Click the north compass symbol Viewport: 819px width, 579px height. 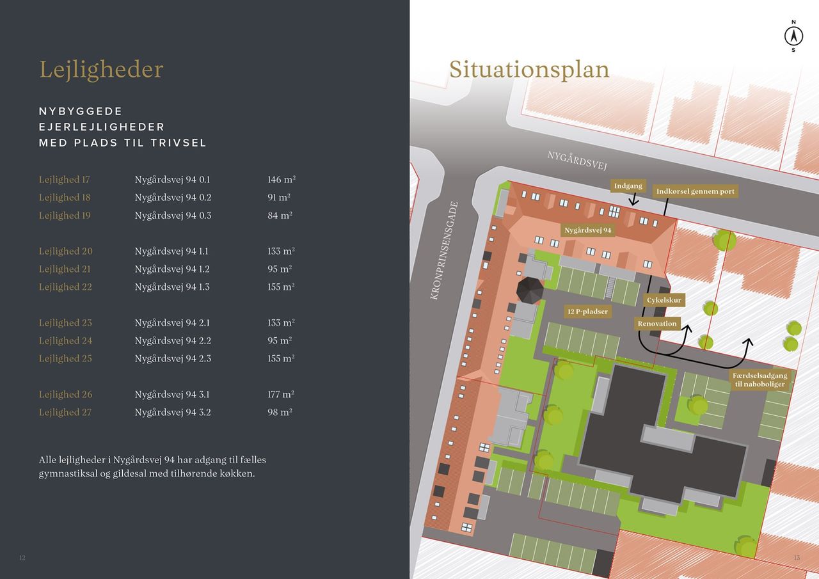click(x=793, y=36)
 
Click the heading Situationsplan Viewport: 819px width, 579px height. click(x=529, y=69)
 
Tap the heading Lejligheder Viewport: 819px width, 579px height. click(x=101, y=69)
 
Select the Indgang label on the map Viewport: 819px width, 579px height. click(x=628, y=186)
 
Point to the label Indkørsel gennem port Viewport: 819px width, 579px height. click(x=695, y=191)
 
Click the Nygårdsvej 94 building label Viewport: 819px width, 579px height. click(x=587, y=230)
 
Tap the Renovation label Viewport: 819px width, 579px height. click(x=657, y=324)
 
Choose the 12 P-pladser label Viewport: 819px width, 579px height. click(x=587, y=312)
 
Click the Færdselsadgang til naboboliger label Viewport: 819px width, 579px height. click(x=760, y=379)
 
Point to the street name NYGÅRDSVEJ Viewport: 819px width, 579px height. click(x=576, y=160)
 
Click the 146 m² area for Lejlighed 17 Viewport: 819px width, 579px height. click(x=282, y=180)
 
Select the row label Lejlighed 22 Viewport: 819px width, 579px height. click(x=65, y=287)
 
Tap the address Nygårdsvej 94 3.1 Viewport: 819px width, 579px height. click(x=171, y=395)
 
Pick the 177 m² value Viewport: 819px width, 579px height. click(x=281, y=395)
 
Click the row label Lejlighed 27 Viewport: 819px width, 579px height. click(x=65, y=413)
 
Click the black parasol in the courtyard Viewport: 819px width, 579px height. click(x=530, y=290)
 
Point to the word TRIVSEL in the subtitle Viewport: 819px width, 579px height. click(x=179, y=143)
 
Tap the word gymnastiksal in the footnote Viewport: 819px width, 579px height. click(x=67, y=474)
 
